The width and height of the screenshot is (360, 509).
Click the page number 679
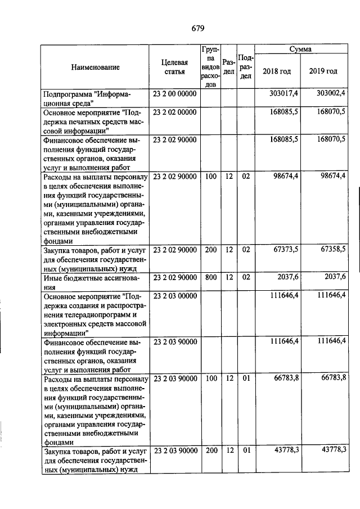pos(197,28)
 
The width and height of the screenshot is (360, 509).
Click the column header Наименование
pos(96,67)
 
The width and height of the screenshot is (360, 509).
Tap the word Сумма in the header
pos(300,49)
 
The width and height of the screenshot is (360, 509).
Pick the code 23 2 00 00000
pos(174,93)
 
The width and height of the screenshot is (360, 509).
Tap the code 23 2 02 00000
pos(174,112)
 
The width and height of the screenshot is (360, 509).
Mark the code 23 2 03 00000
pos(174,294)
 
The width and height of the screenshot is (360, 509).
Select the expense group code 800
pos(211,276)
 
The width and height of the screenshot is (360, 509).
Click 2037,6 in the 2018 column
pos(286,276)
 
